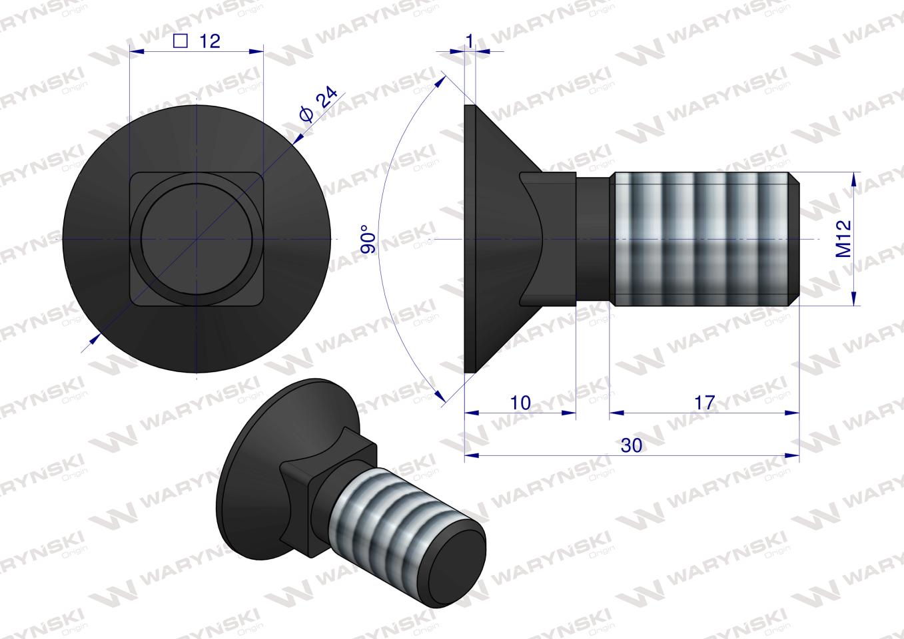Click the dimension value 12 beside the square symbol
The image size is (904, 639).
point(209,41)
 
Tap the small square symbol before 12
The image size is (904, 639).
point(179,41)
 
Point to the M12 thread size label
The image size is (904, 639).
point(844,239)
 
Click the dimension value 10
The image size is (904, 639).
point(521,403)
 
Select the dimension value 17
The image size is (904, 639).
point(704,402)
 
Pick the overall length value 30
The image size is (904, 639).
point(631,445)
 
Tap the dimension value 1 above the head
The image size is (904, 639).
point(470,41)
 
